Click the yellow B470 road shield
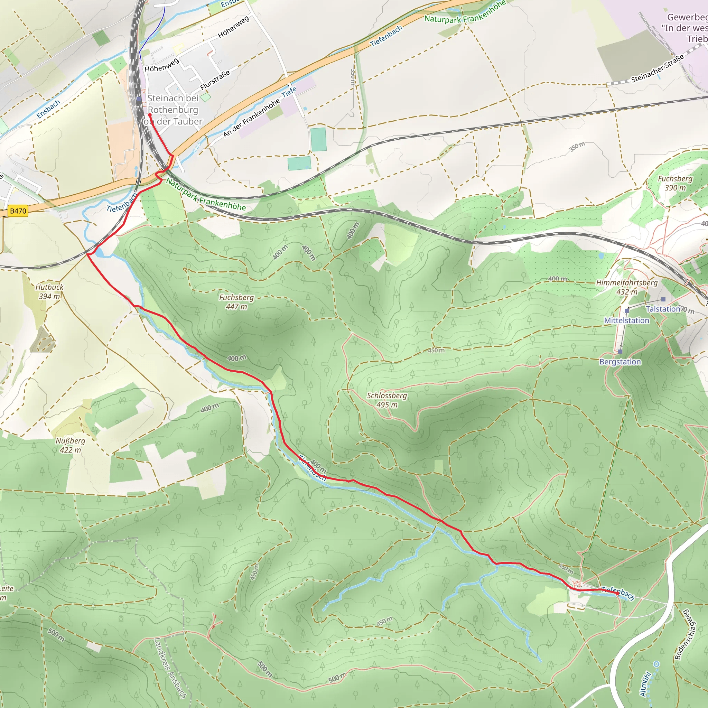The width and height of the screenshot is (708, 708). point(18,211)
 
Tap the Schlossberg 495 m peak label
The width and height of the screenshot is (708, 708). point(387,400)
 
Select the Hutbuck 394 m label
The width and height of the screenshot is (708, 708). point(49,292)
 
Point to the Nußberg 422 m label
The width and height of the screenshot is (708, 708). point(71,445)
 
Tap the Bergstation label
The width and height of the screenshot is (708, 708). point(620,362)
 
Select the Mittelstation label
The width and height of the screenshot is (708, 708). point(627,320)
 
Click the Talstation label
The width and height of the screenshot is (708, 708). point(663,309)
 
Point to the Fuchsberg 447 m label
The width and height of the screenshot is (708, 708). point(236,302)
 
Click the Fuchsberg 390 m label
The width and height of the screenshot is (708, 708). point(675,183)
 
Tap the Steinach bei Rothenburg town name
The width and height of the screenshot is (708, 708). point(173,110)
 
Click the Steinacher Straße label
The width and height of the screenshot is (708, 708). point(658,68)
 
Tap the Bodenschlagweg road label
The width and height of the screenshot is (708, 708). point(684,634)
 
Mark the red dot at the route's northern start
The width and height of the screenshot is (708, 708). point(149,115)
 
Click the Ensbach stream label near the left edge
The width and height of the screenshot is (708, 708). point(48,109)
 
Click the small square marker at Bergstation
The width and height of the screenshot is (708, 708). point(620,352)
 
